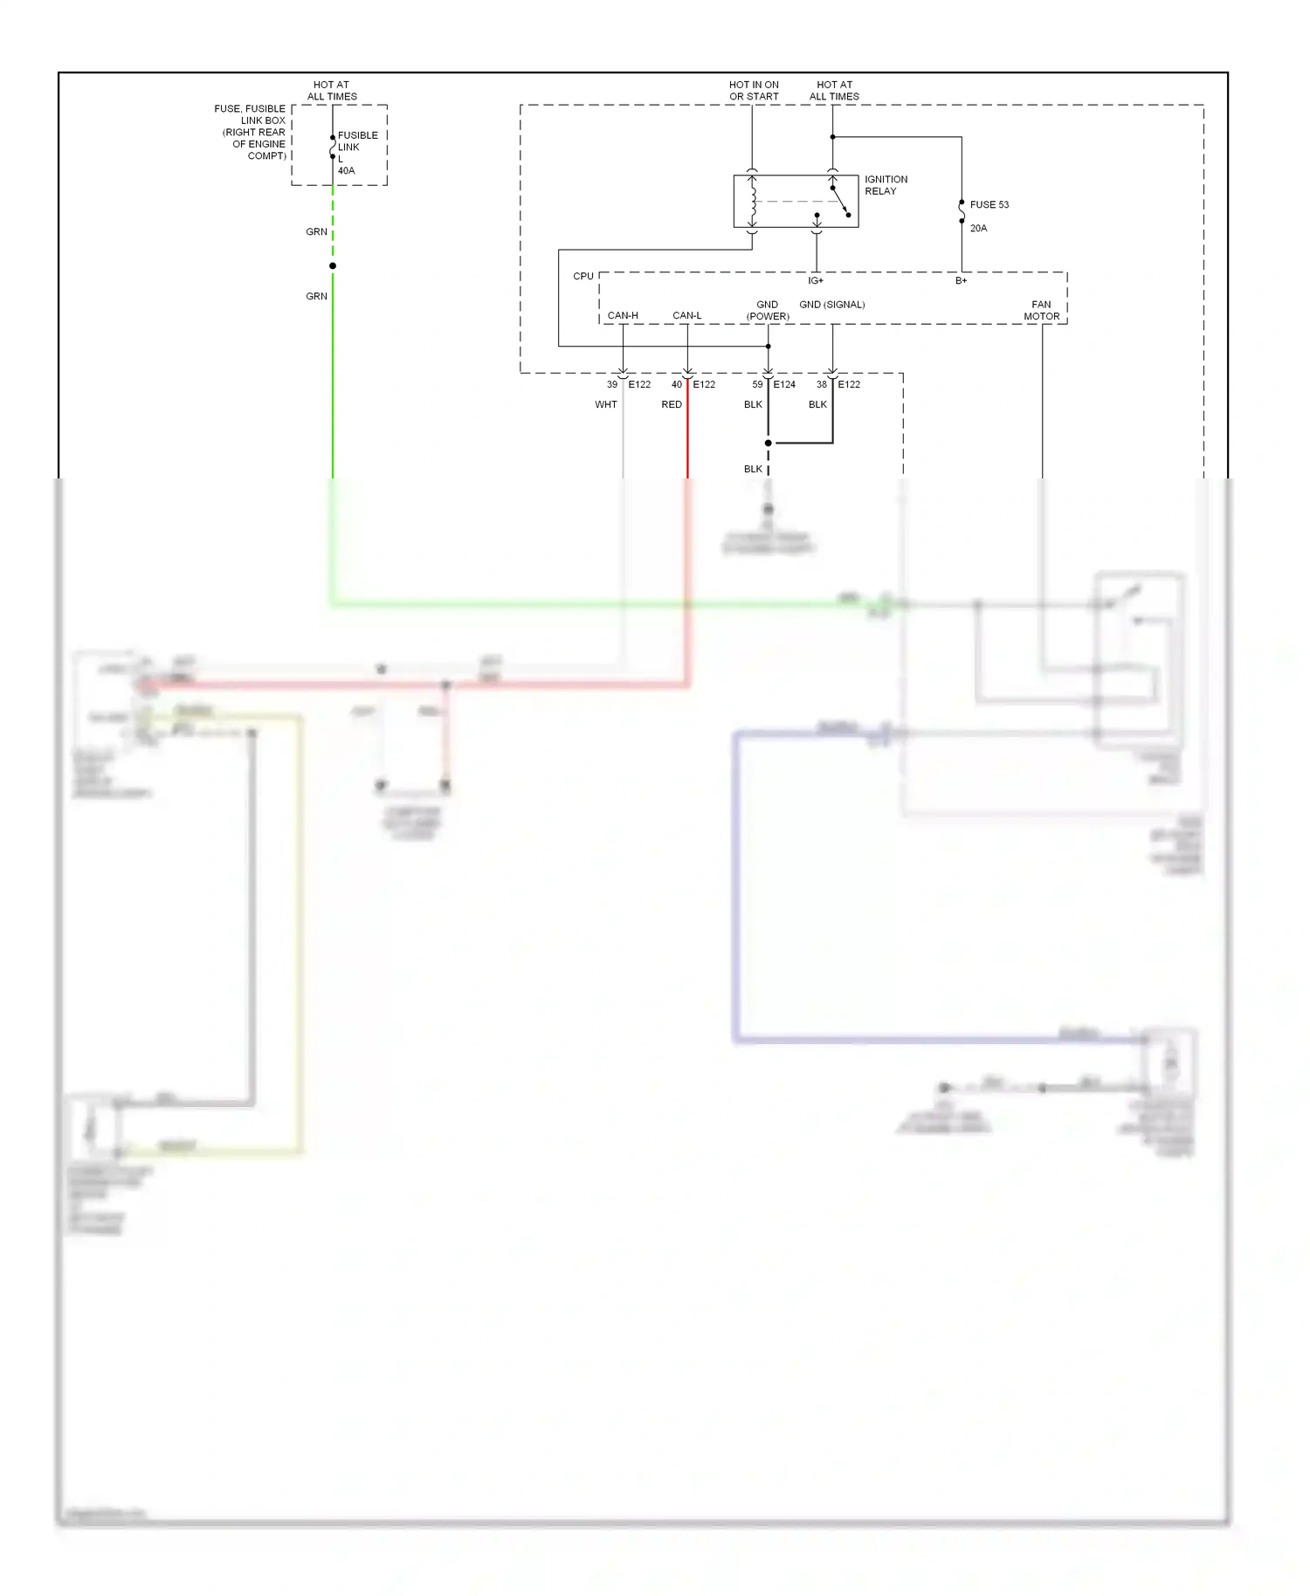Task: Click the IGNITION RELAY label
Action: point(886,185)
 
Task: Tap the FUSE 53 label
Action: point(989,204)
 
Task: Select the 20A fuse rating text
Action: point(978,228)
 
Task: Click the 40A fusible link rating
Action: point(346,170)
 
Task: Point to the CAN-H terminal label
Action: point(623,315)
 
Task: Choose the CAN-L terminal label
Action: point(686,315)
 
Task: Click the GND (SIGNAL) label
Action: point(831,305)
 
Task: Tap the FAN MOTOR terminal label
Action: point(1041,311)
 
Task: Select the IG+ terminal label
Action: point(815,280)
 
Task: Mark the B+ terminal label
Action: point(961,280)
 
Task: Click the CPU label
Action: point(583,276)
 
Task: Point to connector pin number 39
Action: point(611,384)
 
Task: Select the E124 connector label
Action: point(783,384)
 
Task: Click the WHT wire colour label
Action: point(605,404)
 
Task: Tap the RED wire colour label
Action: point(671,404)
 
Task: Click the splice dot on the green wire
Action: point(333,265)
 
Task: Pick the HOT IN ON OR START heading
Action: point(754,91)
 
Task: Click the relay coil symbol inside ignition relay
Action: point(753,201)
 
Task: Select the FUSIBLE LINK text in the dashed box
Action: point(357,141)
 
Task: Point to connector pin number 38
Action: point(821,384)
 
